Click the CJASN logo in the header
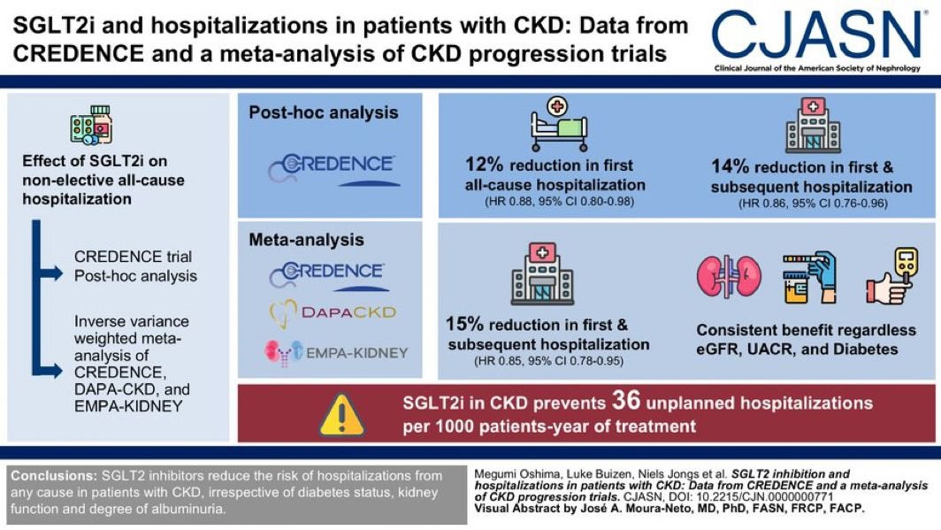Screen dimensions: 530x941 tap(818, 35)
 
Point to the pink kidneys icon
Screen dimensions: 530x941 tap(730, 276)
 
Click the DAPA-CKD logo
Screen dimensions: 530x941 tap(332, 311)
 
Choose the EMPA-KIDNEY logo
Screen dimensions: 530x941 tap(336, 353)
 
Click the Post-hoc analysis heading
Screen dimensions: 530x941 tap(323, 112)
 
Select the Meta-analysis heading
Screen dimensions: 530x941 tap(306, 240)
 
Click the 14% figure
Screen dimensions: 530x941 tap(730, 166)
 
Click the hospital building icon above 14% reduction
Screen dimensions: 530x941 tap(813, 126)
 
